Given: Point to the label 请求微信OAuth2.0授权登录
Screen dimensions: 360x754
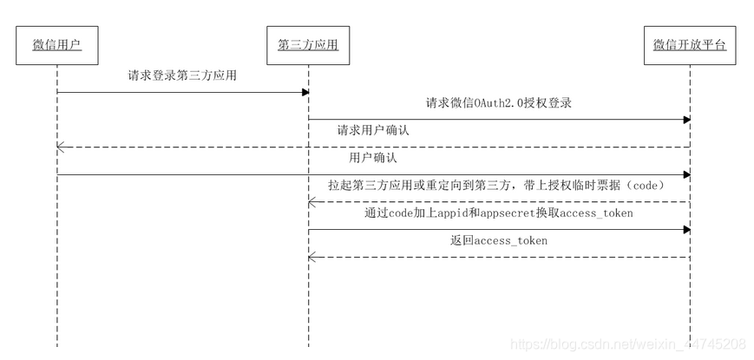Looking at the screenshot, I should click(x=498, y=102).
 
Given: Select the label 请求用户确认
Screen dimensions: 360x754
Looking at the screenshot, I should click(x=373, y=130).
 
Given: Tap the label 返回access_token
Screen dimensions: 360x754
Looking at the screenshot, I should click(x=498, y=240).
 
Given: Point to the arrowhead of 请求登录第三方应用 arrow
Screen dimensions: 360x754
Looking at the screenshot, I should click(x=305, y=92).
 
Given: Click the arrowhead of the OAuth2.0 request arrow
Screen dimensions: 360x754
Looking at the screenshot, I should click(x=686, y=120).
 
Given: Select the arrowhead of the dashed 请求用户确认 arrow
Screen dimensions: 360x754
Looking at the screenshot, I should click(x=61, y=147).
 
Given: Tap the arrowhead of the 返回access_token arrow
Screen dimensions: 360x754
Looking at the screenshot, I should click(x=312, y=257).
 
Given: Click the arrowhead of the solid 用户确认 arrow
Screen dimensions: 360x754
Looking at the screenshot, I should click(x=686, y=175).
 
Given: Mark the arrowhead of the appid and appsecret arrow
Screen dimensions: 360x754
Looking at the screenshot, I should click(x=686, y=230).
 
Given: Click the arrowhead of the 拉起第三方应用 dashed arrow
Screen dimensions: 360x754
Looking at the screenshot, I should click(x=312, y=202).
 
